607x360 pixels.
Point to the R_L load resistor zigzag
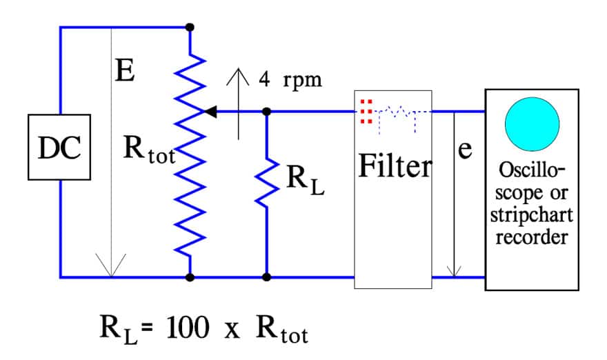click(266, 181)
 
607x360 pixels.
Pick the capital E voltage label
click(125, 71)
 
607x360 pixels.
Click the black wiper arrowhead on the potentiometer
click(210, 110)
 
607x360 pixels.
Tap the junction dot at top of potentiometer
click(190, 27)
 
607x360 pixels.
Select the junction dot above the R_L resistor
click(267, 110)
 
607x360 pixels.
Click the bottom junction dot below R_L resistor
click(267, 277)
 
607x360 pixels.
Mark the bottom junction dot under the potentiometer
click(190, 277)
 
